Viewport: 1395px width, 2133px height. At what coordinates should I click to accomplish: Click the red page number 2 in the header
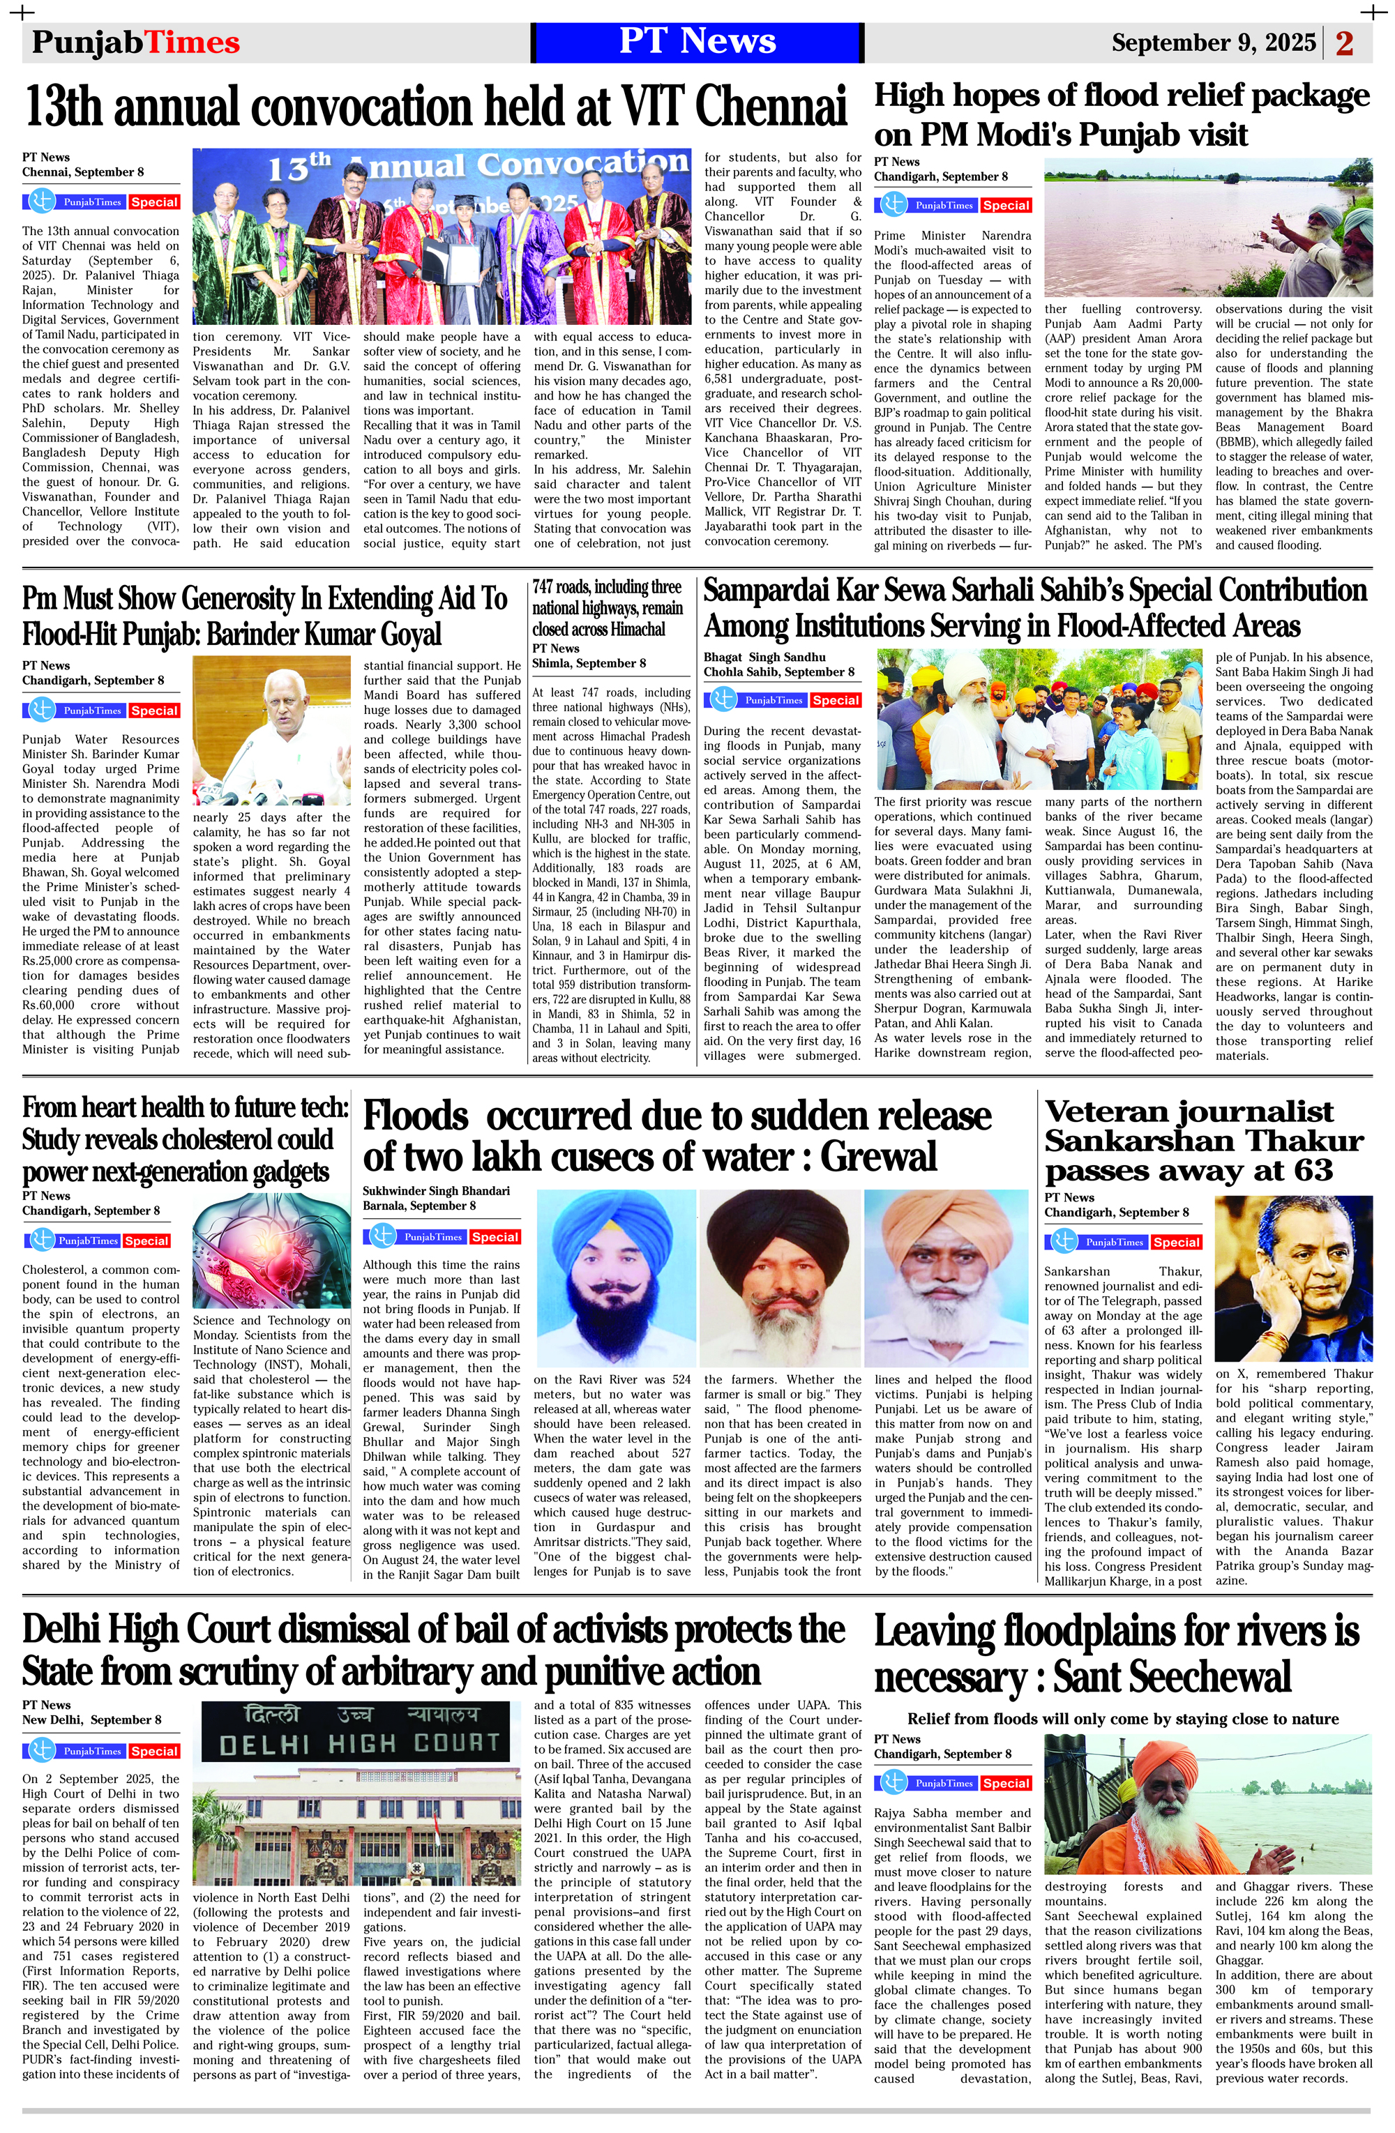click(1344, 43)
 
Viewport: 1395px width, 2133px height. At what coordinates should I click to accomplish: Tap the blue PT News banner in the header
click(697, 42)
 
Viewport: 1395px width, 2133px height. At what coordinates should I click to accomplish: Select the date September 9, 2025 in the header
click(1213, 43)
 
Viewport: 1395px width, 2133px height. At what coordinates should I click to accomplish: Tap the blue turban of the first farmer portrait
click(615, 1226)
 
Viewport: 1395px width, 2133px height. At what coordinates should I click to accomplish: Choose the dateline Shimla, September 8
click(588, 663)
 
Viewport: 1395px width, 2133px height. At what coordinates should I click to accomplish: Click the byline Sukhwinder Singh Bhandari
click(436, 1190)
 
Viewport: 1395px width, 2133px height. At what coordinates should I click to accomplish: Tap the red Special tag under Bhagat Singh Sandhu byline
click(836, 700)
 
